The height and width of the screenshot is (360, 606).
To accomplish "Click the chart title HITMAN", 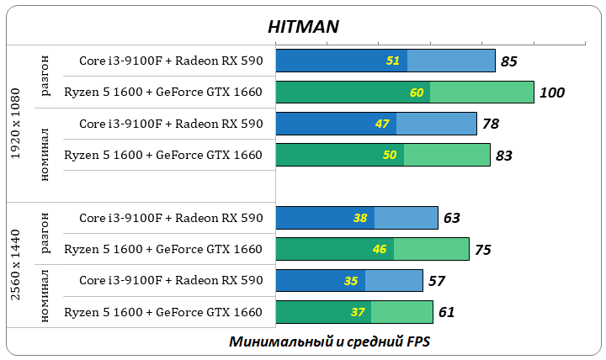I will pos(303,26).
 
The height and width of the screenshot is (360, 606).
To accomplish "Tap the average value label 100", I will pos(552,93).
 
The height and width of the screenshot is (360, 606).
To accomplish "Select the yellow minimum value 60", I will pos(417,93).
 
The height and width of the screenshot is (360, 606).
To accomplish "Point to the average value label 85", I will pos(508,61).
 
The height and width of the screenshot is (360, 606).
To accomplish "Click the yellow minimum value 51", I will pos(393,61).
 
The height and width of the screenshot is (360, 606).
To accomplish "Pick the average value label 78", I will pos(490,124).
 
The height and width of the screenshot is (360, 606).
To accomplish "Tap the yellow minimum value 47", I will pos(382,124).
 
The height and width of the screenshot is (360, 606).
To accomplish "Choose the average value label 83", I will pos(503,155).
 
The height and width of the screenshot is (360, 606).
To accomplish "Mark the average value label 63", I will pos(451,218).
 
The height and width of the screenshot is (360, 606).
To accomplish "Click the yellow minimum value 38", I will pos(360,218).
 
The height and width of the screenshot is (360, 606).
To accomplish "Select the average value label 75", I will pos(482,249).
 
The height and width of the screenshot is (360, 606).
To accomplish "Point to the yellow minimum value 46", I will pos(380,249).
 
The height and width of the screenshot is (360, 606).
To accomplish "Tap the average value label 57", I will pos(436,281).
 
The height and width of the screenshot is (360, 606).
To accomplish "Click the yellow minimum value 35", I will pos(351,281).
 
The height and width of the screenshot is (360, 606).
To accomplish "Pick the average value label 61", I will pos(446,312).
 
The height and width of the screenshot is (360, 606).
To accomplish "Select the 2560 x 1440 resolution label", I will pos(16,265).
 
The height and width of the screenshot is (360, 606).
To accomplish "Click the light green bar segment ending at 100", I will pos(481,93).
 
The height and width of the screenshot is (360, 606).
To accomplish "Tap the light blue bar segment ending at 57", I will pos(394,281).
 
